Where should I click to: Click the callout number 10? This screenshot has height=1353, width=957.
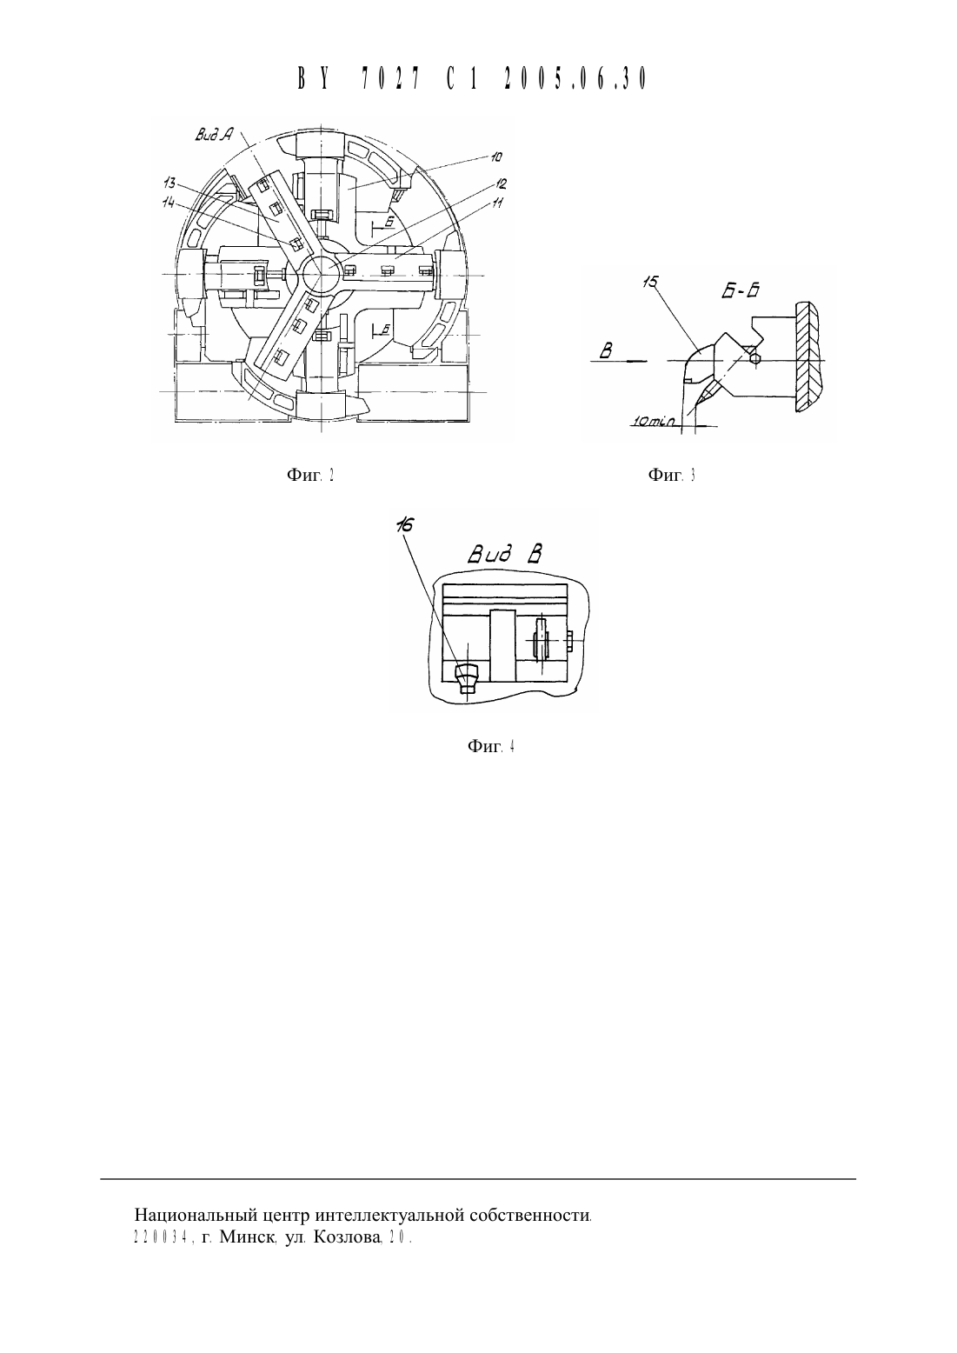tap(495, 157)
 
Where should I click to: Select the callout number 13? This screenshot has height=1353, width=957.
tap(169, 183)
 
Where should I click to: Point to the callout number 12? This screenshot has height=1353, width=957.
tap(501, 183)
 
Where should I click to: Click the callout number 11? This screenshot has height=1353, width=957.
tap(497, 203)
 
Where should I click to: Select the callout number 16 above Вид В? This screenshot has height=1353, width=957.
tap(404, 525)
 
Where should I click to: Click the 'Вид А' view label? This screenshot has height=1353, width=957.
tap(214, 136)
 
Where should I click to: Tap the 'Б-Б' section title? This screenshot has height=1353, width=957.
tap(741, 291)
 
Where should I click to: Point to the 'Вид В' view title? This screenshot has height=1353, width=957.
tap(505, 555)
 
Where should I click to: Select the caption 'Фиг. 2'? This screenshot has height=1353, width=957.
tap(310, 475)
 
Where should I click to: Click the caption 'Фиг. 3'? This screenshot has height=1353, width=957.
tap(672, 475)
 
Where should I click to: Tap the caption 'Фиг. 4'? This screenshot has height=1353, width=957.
tap(491, 746)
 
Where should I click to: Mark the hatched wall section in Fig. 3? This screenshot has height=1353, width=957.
tap(807, 357)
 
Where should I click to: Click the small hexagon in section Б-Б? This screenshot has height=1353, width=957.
tap(755, 358)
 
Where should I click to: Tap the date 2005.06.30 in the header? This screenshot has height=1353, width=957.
tap(575, 79)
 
